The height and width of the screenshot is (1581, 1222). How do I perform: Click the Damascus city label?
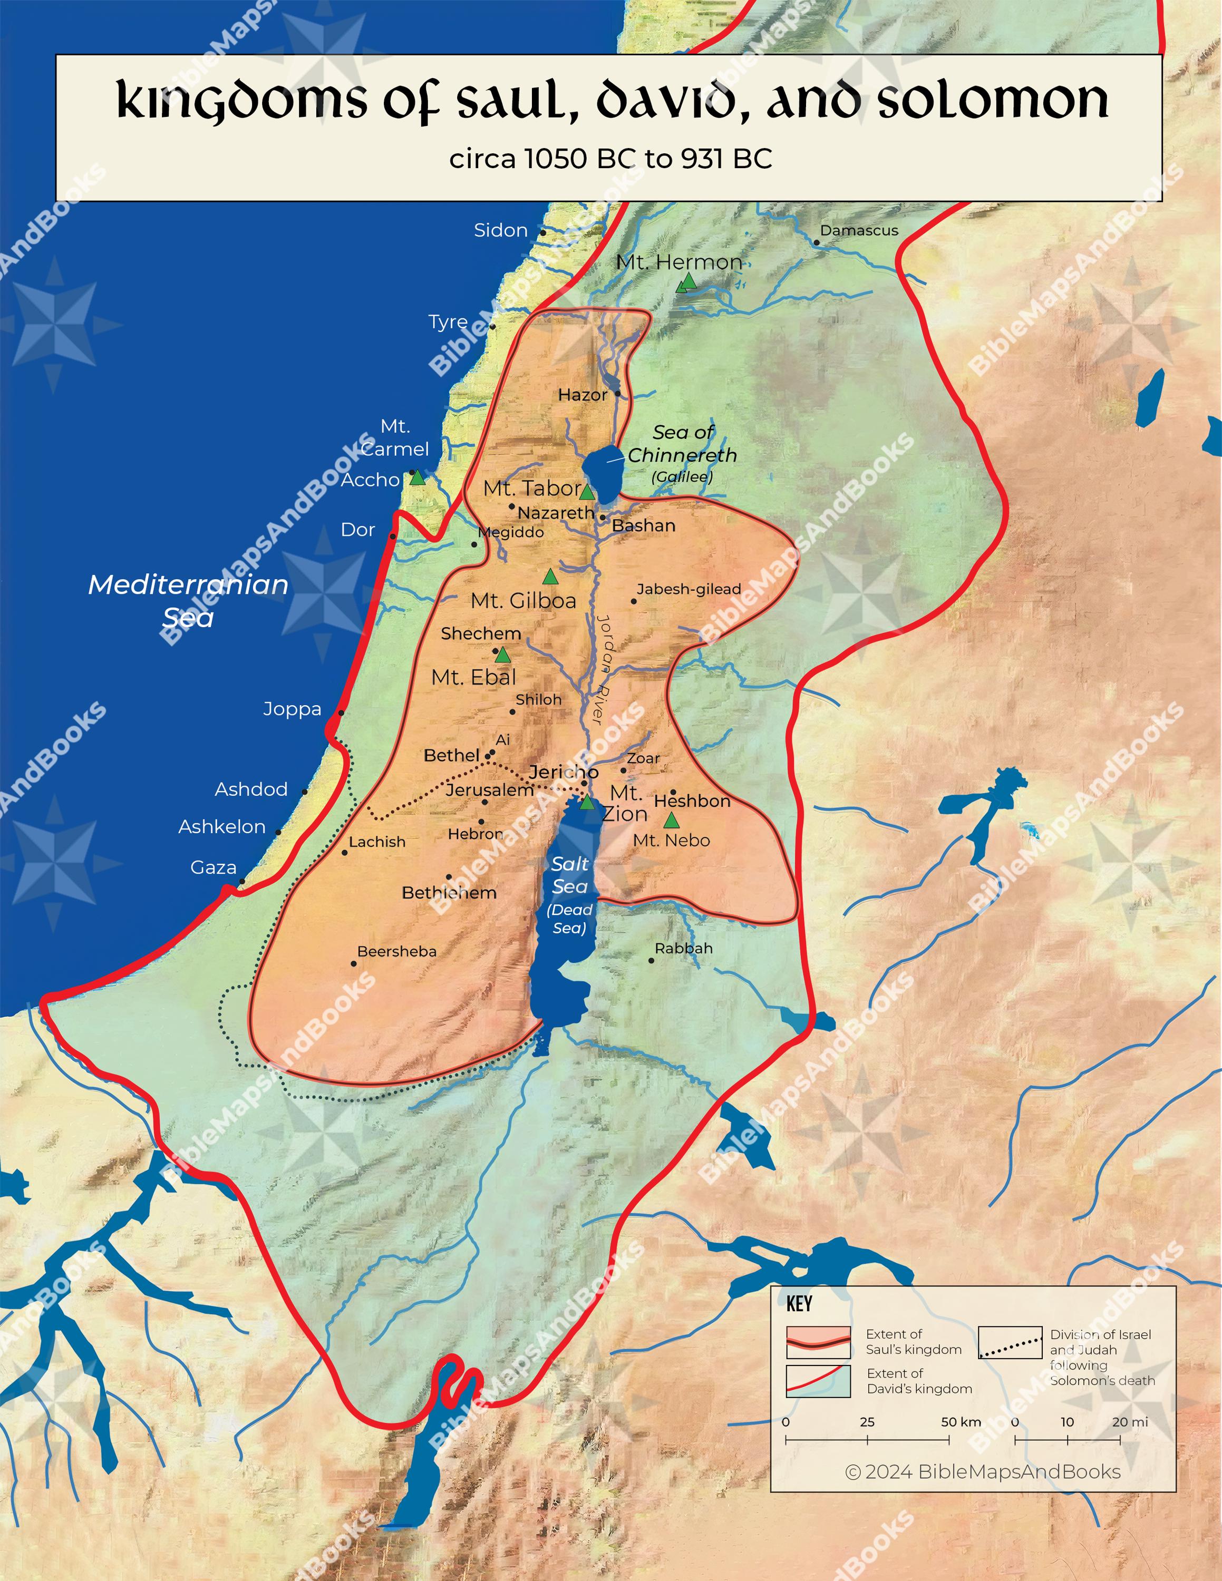tap(859, 230)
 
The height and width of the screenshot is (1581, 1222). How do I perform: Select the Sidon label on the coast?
tap(500, 230)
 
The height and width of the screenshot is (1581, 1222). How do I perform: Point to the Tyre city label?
tap(448, 321)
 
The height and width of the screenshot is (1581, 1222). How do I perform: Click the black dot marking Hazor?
tap(617, 394)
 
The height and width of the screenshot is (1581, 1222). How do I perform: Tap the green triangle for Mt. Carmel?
tap(417, 477)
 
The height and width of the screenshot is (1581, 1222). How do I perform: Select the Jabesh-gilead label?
tap(688, 589)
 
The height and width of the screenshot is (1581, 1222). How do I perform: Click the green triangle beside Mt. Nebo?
tap(671, 820)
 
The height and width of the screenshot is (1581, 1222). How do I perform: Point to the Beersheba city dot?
tap(353, 963)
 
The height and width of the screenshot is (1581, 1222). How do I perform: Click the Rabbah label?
tap(683, 948)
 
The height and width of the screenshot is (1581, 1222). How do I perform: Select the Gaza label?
tap(213, 867)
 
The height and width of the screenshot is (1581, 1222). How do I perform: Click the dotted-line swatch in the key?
tap(1010, 1342)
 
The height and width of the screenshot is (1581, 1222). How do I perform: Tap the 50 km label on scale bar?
tap(961, 1422)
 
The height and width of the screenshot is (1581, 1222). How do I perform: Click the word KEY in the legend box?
tap(799, 1304)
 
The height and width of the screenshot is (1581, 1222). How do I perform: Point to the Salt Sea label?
tap(570, 874)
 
